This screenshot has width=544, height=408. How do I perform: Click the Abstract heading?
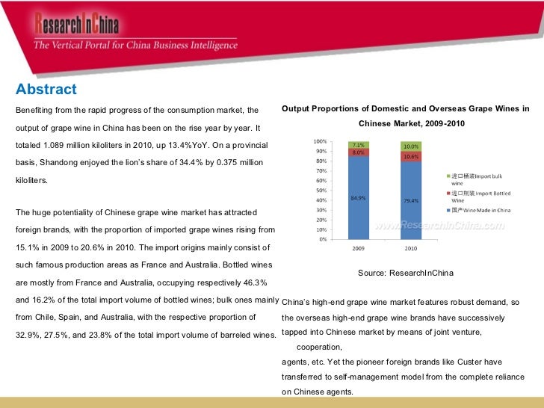click(x=46, y=90)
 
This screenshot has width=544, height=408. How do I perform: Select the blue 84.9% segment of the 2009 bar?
click(x=357, y=198)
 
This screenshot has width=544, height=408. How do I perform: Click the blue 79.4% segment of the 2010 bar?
click(x=410, y=200)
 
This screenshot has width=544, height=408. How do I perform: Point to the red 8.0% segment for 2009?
click(x=357, y=152)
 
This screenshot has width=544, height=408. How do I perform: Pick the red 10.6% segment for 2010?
click(x=410, y=156)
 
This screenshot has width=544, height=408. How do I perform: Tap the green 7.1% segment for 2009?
click(x=357, y=144)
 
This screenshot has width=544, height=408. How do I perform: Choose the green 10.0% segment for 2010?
click(x=410, y=146)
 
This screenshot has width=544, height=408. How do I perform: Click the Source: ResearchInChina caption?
click(x=405, y=273)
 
